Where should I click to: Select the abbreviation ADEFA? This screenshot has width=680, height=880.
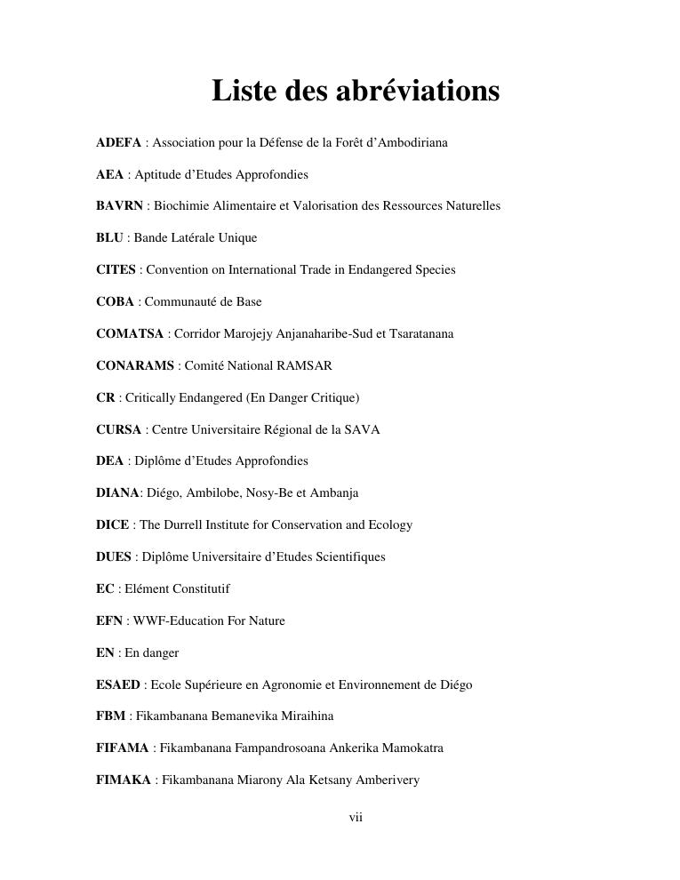tap(118, 142)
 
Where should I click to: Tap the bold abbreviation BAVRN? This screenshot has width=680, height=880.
tap(119, 206)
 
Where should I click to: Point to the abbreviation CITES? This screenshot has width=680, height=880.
tap(116, 270)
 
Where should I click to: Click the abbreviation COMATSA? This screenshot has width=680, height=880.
tap(130, 334)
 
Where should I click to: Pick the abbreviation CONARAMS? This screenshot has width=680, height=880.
tap(135, 366)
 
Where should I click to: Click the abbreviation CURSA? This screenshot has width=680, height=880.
tap(118, 430)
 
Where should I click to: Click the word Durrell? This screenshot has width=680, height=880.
tap(186, 525)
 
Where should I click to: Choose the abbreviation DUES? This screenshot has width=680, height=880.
tap(114, 557)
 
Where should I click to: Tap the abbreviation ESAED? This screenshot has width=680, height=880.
tap(118, 685)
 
